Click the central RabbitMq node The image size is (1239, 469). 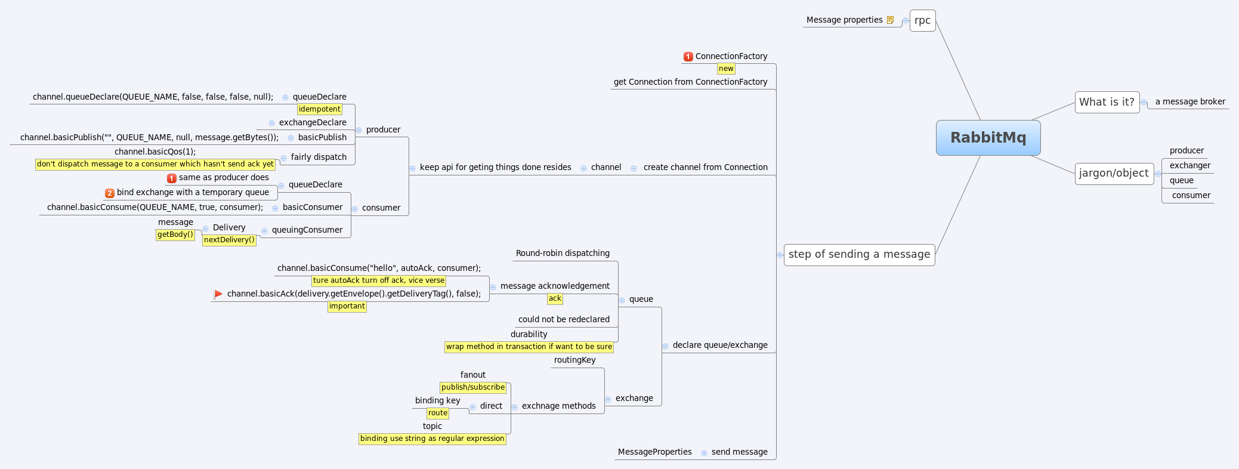point(988,138)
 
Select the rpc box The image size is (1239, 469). point(922,20)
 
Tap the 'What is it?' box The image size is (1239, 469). point(1107,102)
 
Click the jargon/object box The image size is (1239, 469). point(1114,173)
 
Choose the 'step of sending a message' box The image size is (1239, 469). point(859,254)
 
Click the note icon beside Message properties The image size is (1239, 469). point(890,20)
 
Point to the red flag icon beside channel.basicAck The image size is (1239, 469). point(218,294)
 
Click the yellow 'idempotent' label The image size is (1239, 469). point(320,109)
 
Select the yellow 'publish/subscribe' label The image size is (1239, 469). point(473,387)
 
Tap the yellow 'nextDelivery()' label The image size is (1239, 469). point(229,240)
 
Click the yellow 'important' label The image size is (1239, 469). point(347,306)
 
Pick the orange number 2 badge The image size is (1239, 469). point(110,193)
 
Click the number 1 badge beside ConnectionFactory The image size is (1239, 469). point(688,57)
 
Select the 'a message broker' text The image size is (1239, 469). point(1190,101)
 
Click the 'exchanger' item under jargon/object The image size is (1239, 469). point(1189,165)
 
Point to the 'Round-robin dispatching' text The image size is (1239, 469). point(563,253)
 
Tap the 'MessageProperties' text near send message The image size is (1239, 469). point(654,452)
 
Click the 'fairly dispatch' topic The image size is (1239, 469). point(319,157)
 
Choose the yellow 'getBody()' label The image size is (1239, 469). point(175,234)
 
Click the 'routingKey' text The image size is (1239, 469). point(574,360)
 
